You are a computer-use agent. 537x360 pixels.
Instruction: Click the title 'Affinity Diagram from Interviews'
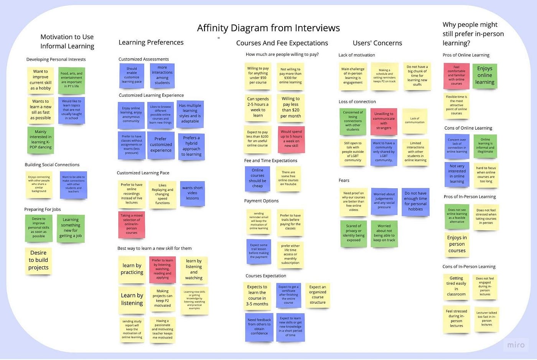pyautogui.click(x=268, y=28)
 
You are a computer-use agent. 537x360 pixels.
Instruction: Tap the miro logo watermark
pyautogui.click(x=516, y=345)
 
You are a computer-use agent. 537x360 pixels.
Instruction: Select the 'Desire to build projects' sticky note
pyautogui.click(x=38, y=260)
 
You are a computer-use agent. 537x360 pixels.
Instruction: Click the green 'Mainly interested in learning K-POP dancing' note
pyautogui.click(x=41, y=140)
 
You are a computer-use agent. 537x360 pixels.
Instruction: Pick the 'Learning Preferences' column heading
pyautogui.click(x=151, y=42)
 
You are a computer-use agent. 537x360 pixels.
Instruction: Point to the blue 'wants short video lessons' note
pyautogui.click(x=192, y=193)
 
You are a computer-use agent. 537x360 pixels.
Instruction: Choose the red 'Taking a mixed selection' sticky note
pyautogui.click(x=132, y=224)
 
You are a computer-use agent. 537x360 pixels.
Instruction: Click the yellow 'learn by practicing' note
pyautogui.click(x=132, y=269)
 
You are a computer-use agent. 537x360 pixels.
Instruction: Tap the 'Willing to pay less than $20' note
pyautogui.click(x=290, y=107)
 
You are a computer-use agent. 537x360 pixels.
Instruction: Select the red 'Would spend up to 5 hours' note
pyautogui.click(x=291, y=139)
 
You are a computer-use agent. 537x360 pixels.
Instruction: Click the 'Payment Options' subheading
pyautogui.click(x=261, y=201)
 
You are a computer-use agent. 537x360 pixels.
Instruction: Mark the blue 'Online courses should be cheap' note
pyautogui.click(x=257, y=178)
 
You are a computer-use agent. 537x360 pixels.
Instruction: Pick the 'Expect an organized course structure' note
pyautogui.click(x=318, y=294)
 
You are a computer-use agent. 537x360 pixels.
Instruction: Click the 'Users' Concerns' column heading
pyautogui.click(x=377, y=43)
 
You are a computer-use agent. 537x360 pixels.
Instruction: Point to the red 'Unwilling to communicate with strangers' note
pyautogui.click(x=384, y=121)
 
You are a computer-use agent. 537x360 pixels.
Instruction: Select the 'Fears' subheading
pyautogui.click(x=344, y=180)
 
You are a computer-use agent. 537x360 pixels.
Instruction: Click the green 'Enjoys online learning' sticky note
pyautogui.click(x=484, y=75)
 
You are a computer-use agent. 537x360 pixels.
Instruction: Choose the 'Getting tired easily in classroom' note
pyautogui.click(x=456, y=286)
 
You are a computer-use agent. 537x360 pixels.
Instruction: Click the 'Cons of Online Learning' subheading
pyautogui.click(x=468, y=128)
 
